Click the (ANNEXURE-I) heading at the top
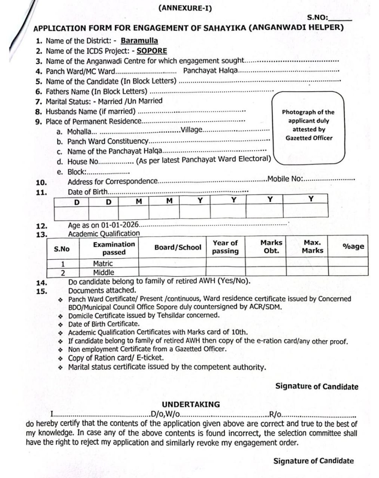[185, 8]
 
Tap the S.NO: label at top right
[317, 18]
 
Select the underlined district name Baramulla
[139, 41]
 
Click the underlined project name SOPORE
[152, 51]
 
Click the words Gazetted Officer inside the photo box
[309, 138]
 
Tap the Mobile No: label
[285, 179]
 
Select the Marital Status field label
[69, 101]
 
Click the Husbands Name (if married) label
[90, 111]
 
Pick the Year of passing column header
[225, 247]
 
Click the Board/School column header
[178, 247]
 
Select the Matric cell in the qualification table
[103, 263]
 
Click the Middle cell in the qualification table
[104, 272]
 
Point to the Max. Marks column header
[312, 246]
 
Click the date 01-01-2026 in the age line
[120, 225]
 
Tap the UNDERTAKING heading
[191, 404]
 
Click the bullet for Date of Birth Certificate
[61, 324]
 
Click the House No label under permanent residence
[82, 162]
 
